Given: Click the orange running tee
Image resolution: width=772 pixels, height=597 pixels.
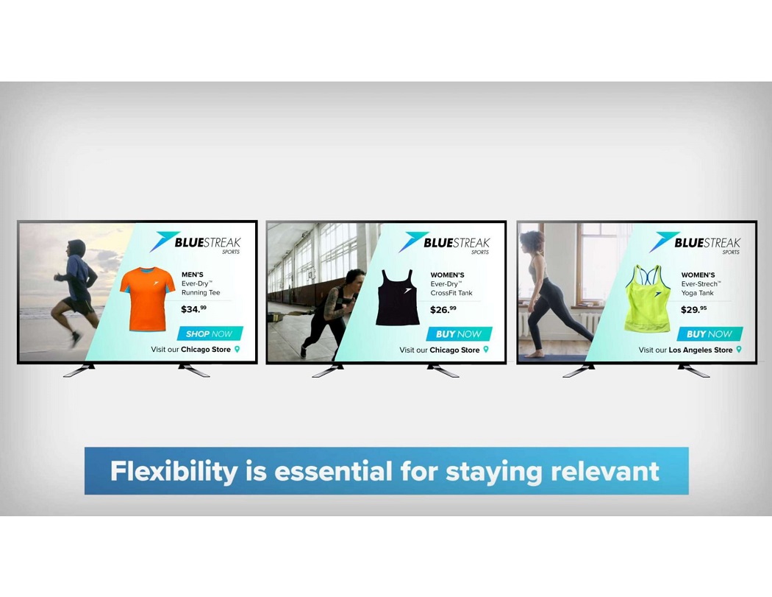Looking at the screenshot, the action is click(147, 299).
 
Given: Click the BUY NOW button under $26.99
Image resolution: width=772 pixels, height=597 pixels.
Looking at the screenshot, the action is click(459, 333).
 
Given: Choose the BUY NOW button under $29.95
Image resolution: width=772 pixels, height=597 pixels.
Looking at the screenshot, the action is click(710, 333).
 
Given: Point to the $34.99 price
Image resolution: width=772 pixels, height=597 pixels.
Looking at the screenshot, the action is click(193, 309).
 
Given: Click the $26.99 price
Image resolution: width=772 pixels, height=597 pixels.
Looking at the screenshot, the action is click(443, 310).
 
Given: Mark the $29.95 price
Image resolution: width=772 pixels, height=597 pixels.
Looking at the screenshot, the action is click(694, 310).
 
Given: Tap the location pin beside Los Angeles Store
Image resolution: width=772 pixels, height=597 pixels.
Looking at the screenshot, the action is click(738, 350).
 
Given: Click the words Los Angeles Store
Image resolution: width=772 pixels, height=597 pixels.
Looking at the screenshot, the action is click(700, 350).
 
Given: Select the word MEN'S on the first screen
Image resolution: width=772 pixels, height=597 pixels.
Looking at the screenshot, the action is click(193, 275).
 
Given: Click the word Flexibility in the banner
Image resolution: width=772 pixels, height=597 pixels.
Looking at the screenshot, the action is click(174, 471).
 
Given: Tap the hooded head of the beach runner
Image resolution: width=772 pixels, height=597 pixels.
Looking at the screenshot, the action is click(76, 248).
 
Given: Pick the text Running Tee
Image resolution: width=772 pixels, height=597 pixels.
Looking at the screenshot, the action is click(201, 292).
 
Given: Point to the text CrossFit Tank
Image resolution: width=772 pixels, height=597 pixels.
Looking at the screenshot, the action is click(451, 293).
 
